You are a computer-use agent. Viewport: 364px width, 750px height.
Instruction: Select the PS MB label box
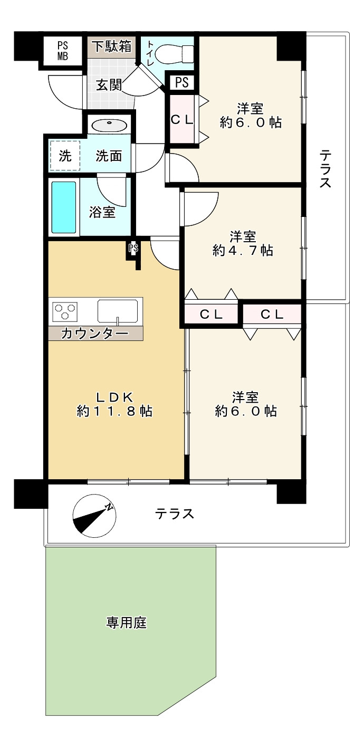click(62, 52)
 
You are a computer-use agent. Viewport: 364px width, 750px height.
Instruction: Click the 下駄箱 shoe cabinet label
click(112, 46)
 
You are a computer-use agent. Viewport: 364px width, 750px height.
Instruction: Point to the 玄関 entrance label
click(109, 84)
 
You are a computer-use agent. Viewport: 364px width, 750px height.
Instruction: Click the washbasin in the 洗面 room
click(109, 125)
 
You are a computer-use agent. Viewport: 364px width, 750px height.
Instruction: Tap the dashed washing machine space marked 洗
click(65, 156)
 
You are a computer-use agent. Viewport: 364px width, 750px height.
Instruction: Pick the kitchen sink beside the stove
click(118, 311)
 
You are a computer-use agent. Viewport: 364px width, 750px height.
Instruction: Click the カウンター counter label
click(95, 333)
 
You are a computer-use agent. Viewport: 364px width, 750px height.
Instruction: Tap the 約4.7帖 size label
click(243, 250)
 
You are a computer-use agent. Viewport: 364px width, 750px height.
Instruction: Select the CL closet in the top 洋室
click(181, 120)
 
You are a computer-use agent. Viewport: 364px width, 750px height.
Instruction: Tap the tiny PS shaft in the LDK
click(133, 248)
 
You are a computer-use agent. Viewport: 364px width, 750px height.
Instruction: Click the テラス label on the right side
click(325, 169)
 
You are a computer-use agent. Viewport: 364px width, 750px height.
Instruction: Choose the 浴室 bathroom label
click(102, 212)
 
